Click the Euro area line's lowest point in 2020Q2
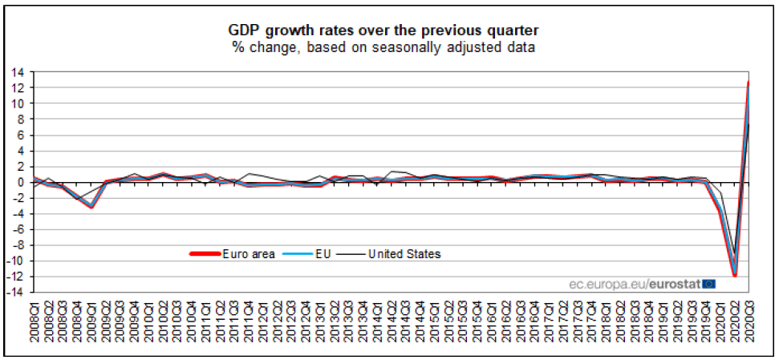pos(734,276)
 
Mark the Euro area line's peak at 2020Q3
pos(749,82)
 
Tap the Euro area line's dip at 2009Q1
pos(91,207)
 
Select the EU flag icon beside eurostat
pos(709,283)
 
